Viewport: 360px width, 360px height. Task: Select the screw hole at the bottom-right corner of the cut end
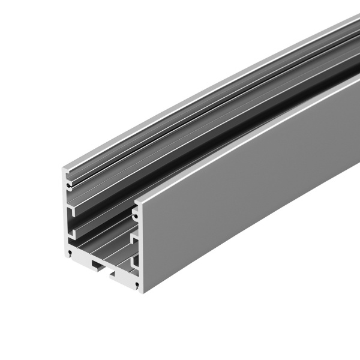coord(137,283)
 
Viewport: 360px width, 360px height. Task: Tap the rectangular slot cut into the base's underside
coord(98,265)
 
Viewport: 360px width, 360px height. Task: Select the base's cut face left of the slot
coord(81,257)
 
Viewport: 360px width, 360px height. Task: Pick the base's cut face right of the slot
coord(123,276)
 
